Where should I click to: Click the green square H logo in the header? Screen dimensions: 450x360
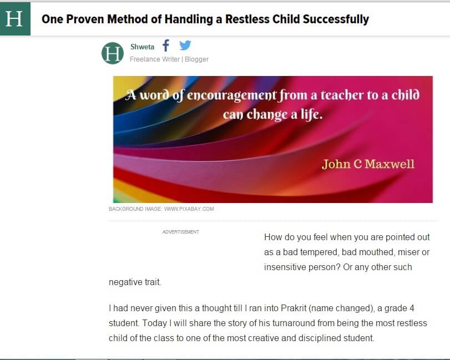pos(15,19)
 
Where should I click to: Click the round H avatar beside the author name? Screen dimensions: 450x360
pos(113,53)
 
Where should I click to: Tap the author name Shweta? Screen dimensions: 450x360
pos(142,47)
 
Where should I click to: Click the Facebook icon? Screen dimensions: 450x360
pos(166,45)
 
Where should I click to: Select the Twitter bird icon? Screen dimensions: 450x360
pos(185,45)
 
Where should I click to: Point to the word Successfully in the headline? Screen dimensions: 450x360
pos(336,19)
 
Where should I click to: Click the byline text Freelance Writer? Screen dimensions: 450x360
pos(155,59)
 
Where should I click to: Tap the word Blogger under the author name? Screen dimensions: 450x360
pos(196,59)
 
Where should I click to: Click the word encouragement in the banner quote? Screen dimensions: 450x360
pos(232,95)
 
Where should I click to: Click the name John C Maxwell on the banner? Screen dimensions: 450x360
pos(368,164)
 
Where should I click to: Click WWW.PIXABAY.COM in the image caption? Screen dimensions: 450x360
pos(189,209)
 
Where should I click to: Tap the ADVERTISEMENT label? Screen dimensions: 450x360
pos(181,232)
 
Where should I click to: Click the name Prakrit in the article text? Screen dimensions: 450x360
pos(294,308)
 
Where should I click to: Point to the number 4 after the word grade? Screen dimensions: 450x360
pos(412,308)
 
